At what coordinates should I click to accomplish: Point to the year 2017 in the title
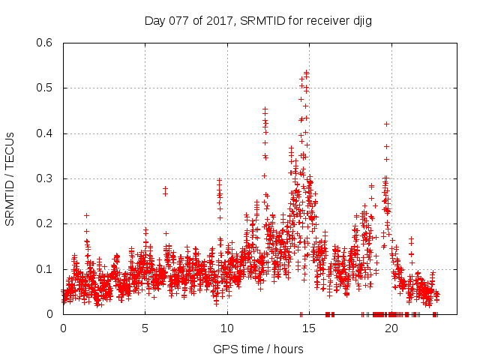tap(219, 21)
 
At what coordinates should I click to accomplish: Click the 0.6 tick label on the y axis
tap(45, 43)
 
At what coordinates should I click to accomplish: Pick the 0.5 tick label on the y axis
tap(45, 88)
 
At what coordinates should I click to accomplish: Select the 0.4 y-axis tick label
tap(45, 133)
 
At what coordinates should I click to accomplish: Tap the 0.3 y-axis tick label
tap(45, 178)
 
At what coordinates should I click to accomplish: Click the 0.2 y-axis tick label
tap(45, 224)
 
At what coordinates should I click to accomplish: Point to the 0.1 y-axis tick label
tap(45, 269)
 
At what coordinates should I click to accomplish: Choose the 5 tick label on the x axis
tap(145, 328)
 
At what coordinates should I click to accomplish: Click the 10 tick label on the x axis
tap(227, 328)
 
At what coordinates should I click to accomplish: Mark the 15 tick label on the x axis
tap(309, 328)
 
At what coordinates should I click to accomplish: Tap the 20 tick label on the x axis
tap(391, 328)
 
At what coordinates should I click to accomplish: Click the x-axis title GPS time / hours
tap(258, 349)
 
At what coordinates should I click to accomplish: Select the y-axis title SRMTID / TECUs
tap(10, 178)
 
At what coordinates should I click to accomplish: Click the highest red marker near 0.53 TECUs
tap(307, 72)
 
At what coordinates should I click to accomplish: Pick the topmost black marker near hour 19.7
tap(386, 124)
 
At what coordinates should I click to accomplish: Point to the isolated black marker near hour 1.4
tap(86, 215)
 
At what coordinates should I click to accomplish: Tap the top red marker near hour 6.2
tap(165, 188)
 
